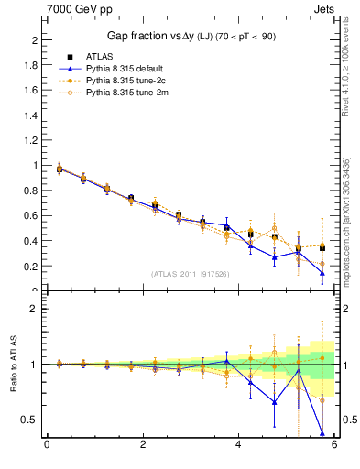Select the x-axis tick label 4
coord(238,444)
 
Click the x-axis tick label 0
coord(47,444)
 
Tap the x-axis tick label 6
coord(334,444)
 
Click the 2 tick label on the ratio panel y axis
coord(38,309)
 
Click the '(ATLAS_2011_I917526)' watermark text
coord(191,274)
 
